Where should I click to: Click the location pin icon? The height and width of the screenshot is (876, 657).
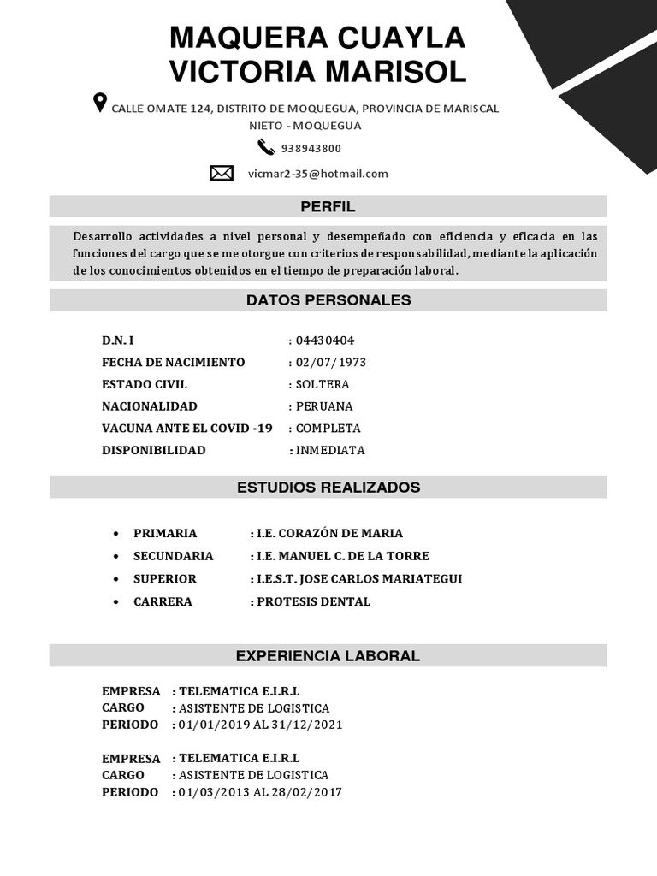pos(100,104)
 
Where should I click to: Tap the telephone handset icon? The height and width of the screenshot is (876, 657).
pos(264,147)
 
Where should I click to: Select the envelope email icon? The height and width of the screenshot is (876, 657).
pos(222,174)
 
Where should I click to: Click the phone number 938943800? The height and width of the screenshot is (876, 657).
pos(311,148)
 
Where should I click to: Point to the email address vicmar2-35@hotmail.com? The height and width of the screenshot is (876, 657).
pos(317,174)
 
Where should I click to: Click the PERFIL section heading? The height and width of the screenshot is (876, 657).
pos(328,206)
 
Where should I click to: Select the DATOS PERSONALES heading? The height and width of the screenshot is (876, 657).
pos(328,300)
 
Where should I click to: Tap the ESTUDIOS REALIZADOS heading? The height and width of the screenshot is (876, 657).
pos(328,488)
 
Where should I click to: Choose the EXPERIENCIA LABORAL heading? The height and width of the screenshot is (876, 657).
pos(328,656)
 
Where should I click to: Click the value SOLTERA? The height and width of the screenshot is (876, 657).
pos(323,385)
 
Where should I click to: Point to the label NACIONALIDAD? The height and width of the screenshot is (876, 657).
pos(149,406)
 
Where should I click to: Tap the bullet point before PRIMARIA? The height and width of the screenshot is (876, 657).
pos(115,533)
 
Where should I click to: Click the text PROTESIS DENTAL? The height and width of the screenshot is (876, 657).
pos(314,601)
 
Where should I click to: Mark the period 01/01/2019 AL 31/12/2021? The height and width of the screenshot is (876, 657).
pos(260,725)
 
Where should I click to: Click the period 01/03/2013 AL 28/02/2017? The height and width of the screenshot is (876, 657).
pos(260,792)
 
